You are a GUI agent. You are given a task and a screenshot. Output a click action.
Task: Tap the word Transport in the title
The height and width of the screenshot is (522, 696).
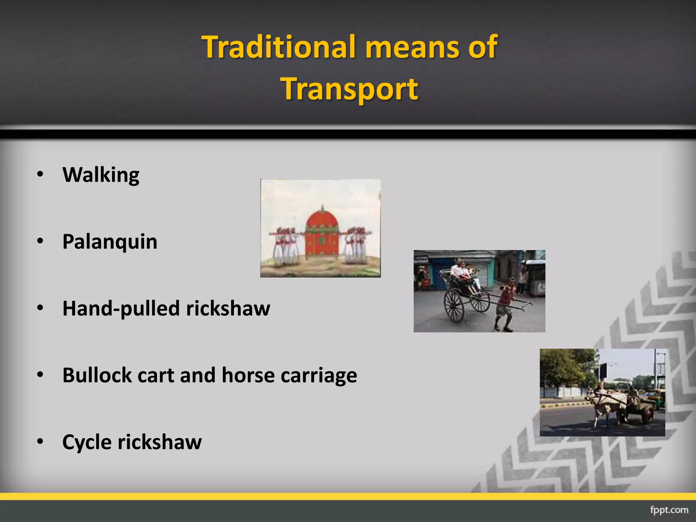pyautogui.click(x=350, y=89)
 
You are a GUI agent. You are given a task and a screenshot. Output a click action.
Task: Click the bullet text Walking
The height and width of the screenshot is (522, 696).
pyautogui.click(x=101, y=175)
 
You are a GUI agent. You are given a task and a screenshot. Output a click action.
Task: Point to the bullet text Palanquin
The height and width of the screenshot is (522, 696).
pyautogui.click(x=110, y=242)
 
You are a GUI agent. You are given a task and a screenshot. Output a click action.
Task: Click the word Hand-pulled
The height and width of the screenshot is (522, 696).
pyautogui.click(x=121, y=309)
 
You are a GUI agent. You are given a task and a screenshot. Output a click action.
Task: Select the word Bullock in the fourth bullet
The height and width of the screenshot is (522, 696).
pyautogui.click(x=97, y=375)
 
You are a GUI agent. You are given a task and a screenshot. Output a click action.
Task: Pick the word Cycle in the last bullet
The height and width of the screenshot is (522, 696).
pyautogui.click(x=87, y=442)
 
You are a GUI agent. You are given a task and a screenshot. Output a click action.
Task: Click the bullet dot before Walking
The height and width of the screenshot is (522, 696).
pyautogui.click(x=40, y=174)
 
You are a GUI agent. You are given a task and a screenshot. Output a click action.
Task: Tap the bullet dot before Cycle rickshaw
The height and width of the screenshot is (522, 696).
pyautogui.click(x=40, y=441)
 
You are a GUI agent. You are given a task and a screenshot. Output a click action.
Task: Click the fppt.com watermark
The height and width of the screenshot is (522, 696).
pyautogui.click(x=669, y=510)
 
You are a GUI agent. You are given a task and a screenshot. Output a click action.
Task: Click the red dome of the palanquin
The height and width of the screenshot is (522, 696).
pyautogui.click(x=322, y=221)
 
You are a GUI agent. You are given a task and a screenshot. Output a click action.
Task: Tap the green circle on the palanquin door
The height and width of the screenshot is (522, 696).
pyautogui.click(x=322, y=242)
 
